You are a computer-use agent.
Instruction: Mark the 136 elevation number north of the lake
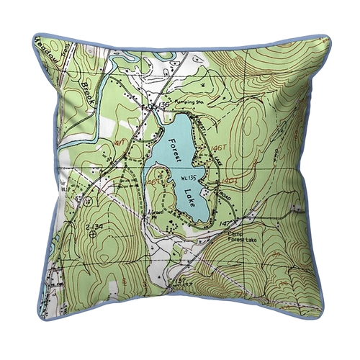(162, 106)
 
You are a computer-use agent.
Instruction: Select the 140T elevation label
(230, 172)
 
